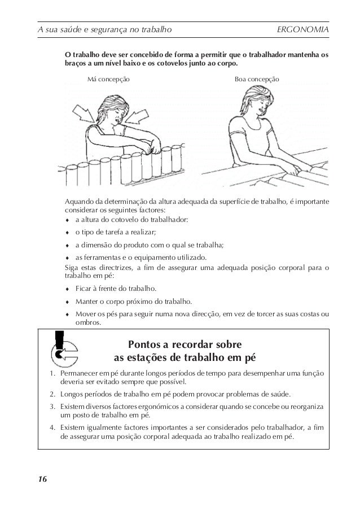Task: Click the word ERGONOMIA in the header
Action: pyautogui.click(x=304, y=29)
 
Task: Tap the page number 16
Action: pyautogui.click(x=42, y=480)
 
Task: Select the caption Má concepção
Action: pyautogui.click(x=109, y=80)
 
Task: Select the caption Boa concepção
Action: pyautogui.click(x=256, y=80)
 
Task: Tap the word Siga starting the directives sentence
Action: pyautogui.click(x=73, y=267)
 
